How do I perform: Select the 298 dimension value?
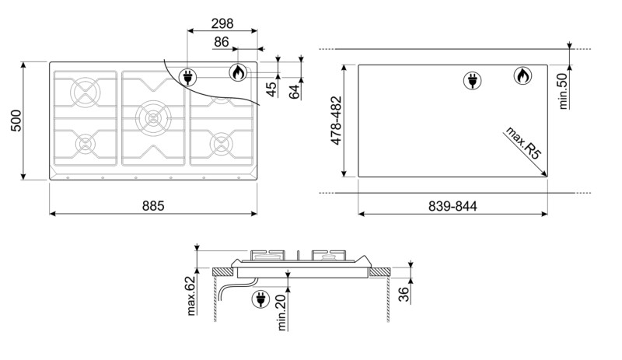coord(222,24)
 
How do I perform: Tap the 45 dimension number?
coord(271,89)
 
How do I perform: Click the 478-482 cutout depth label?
coord(337,121)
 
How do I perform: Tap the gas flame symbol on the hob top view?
coord(238,73)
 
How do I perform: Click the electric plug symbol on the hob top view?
coord(187,76)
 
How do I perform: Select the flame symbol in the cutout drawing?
coord(522,76)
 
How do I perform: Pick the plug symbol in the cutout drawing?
coord(472,79)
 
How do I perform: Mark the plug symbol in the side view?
coord(260,299)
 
